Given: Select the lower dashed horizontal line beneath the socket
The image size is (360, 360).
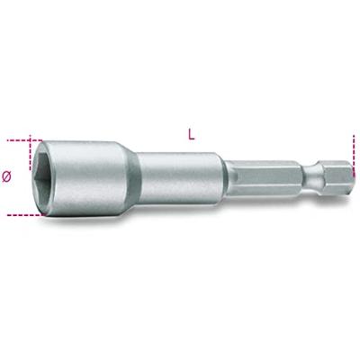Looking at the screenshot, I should pos(22,214).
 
